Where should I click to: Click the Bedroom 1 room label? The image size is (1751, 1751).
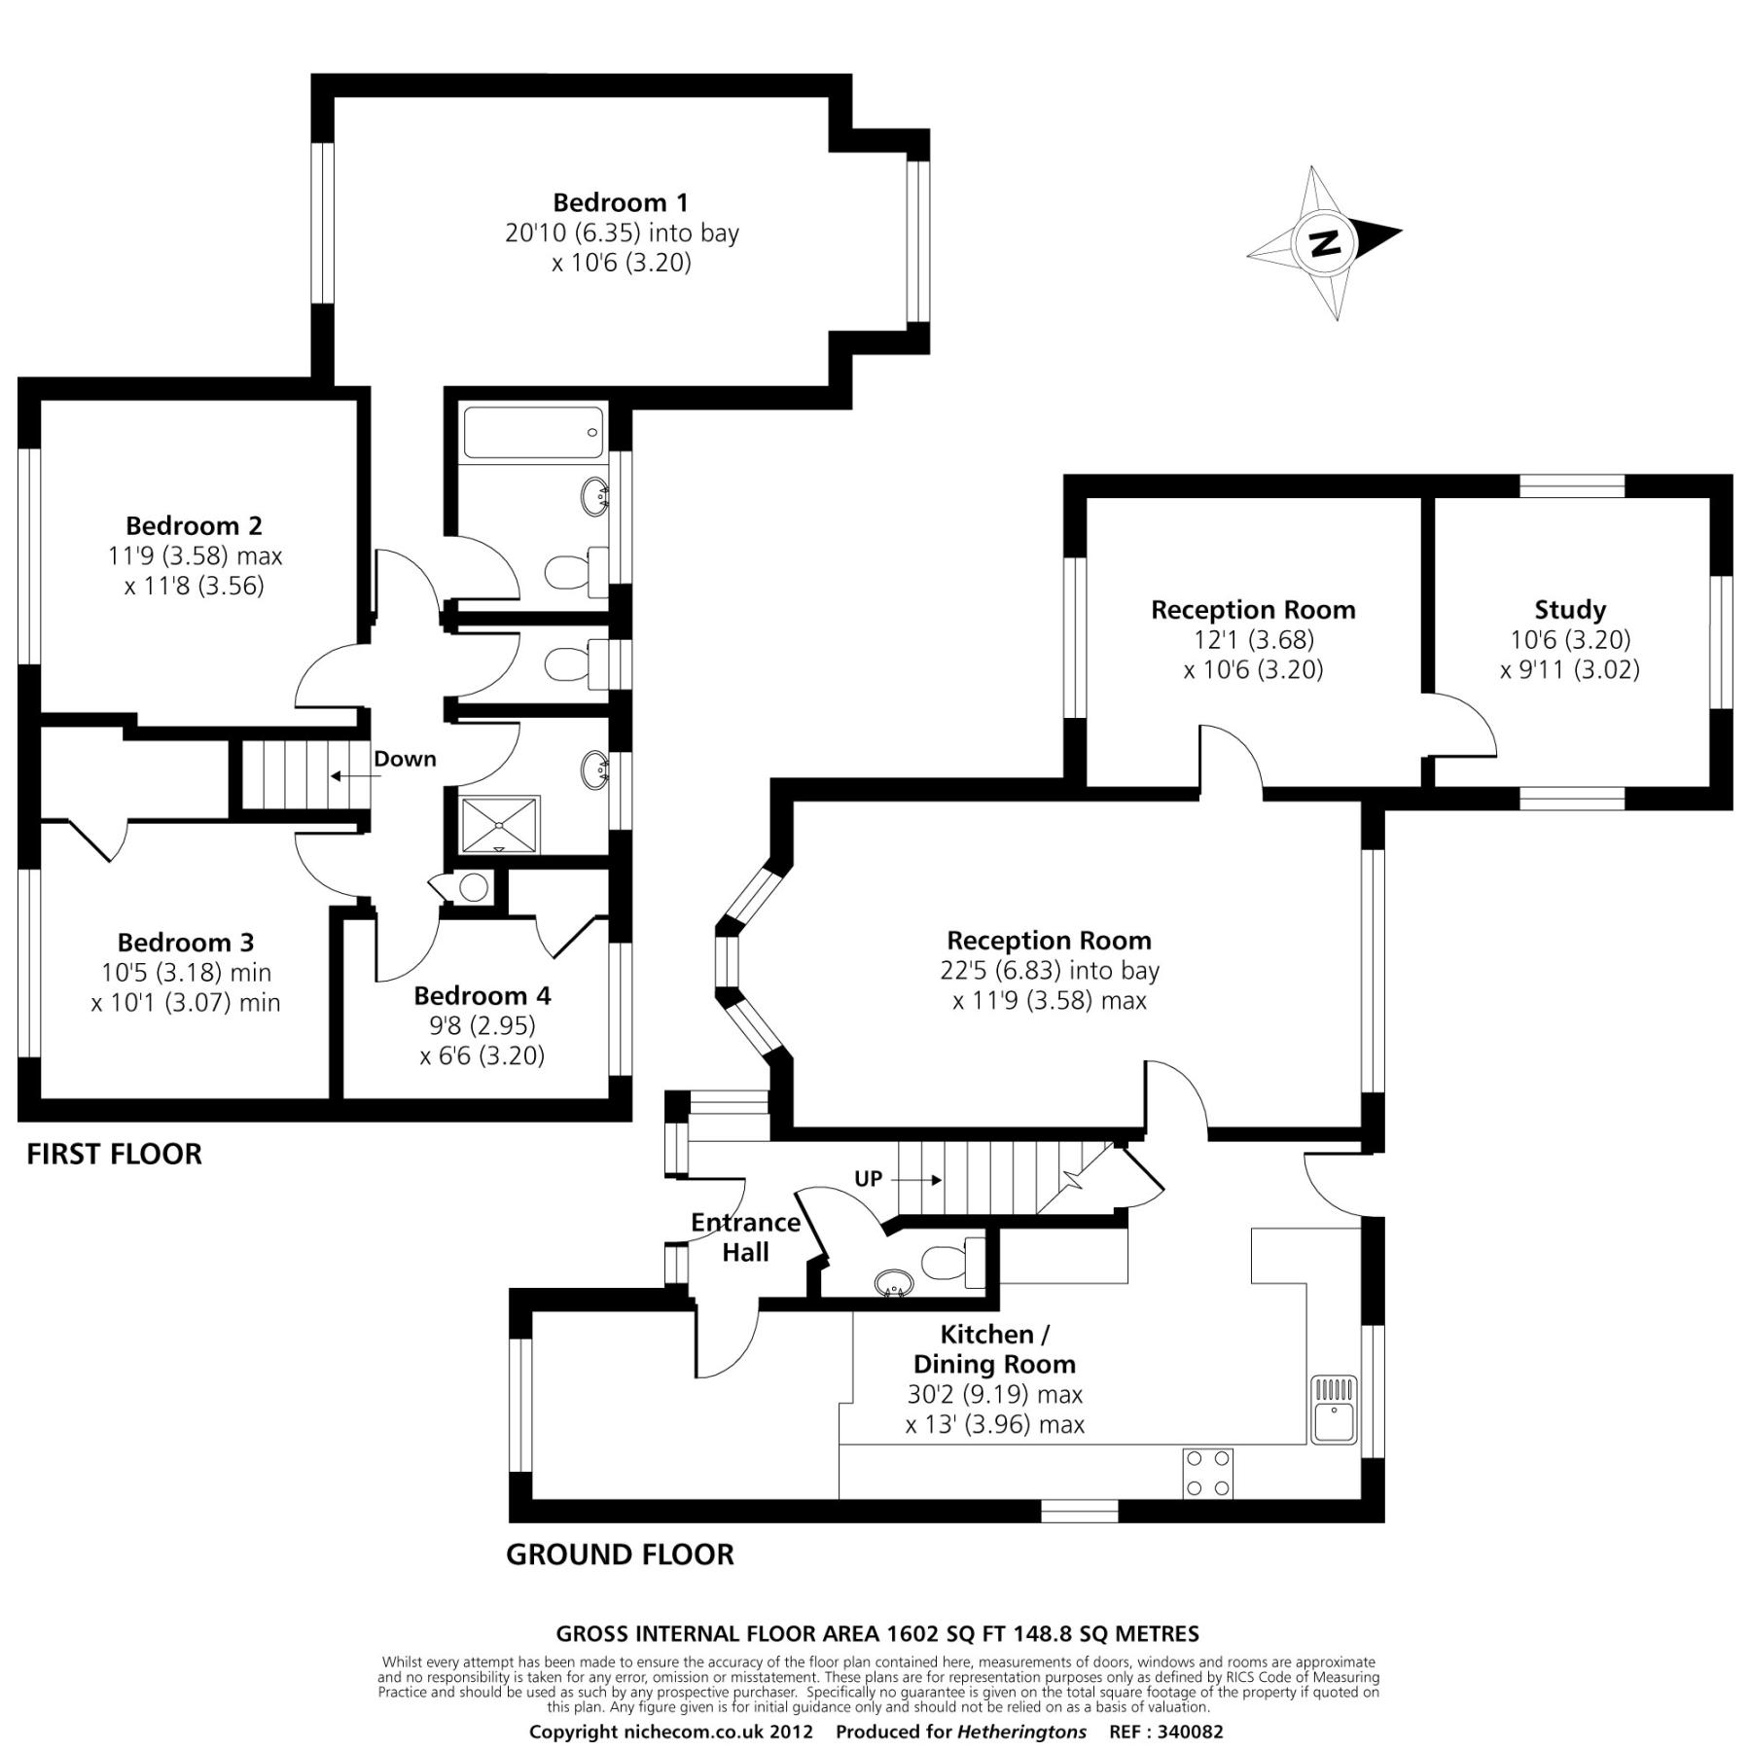[620, 202]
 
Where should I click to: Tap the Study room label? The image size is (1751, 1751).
[1569, 610]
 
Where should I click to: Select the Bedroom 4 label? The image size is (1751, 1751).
[482, 995]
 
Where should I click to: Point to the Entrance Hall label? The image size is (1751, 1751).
[745, 1237]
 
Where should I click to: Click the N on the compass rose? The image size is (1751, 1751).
[1323, 242]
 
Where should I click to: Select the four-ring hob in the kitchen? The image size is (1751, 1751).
[1207, 1474]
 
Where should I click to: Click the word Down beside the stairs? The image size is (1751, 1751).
[405, 759]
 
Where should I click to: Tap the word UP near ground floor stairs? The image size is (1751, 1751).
[868, 1179]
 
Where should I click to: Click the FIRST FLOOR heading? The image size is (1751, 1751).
[114, 1154]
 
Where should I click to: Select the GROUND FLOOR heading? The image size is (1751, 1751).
[620, 1554]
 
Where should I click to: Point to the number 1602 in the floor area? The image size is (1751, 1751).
[909, 1634]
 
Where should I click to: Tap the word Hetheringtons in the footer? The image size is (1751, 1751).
[1021, 1732]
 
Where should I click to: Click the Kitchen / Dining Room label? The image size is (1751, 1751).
[994, 1348]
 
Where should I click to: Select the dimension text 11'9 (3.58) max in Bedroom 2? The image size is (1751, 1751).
[195, 555]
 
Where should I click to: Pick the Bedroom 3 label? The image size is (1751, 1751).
[186, 942]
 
